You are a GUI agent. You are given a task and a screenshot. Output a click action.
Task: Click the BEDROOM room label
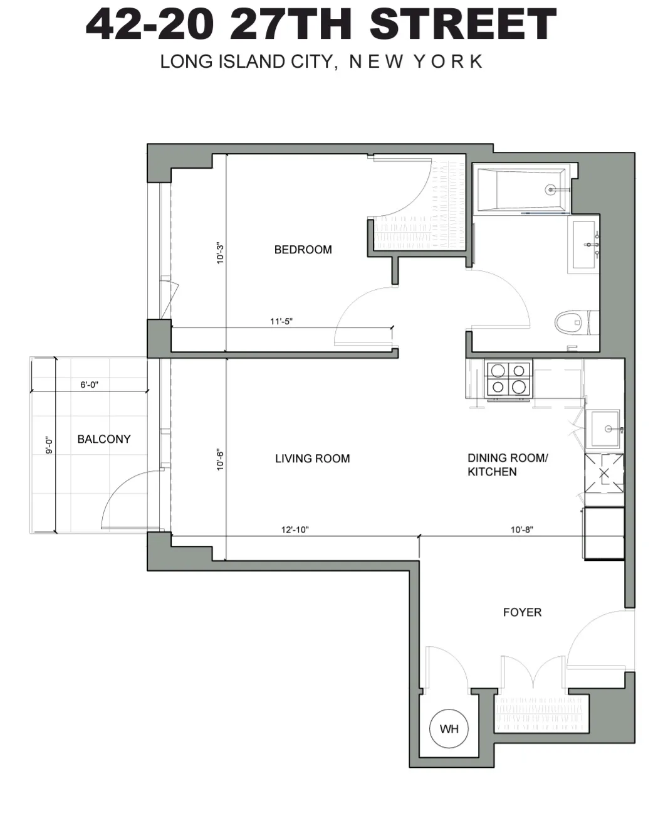coord(303,250)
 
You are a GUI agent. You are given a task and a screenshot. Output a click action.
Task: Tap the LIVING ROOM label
coord(312,459)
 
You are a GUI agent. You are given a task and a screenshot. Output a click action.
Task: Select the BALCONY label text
coord(103,439)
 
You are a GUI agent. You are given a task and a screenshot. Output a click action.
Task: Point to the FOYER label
coord(522,612)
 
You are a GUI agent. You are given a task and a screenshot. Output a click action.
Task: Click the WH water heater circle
coord(449,729)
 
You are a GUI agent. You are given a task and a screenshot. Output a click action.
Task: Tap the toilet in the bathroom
coord(571,324)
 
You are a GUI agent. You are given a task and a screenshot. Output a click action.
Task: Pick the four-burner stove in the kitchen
coord(508,379)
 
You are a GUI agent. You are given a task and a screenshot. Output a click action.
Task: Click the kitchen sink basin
coord(602,429)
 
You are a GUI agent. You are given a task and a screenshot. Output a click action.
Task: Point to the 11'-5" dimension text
coord(281,322)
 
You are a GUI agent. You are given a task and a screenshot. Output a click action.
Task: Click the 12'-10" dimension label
coord(295,529)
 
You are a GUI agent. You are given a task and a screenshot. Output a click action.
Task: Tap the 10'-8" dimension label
coord(521,529)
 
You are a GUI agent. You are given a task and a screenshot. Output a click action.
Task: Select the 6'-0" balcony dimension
coord(89,385)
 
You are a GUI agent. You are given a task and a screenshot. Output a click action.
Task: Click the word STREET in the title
coord(462,25)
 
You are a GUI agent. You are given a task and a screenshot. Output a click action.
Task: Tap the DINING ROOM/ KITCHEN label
coord(507,465)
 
